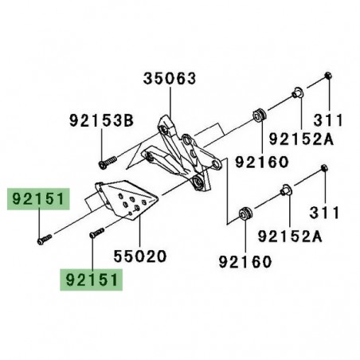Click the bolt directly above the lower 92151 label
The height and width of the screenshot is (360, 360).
click(x=97, y=233)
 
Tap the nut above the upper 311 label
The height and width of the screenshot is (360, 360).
click(x=328, y=76)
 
